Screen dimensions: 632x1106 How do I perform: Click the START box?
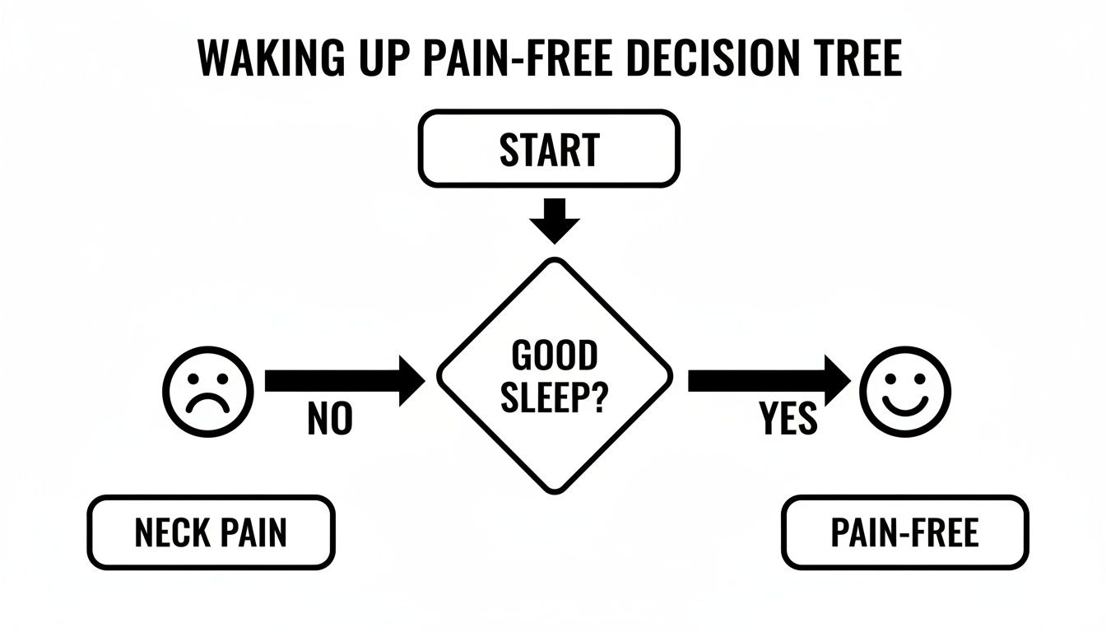point(549,150)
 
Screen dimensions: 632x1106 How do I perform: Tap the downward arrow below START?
point(554,221)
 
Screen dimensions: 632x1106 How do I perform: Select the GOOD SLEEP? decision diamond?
point(554,375)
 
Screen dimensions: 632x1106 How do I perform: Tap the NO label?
point(330,420)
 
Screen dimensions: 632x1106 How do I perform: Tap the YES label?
point(788,420)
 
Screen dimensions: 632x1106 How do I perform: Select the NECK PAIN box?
point(211,532)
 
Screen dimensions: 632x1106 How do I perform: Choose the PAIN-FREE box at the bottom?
point(904,532)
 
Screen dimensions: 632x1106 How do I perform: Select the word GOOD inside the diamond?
point(554,356)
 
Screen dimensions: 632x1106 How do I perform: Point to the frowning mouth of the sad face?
point(208,403)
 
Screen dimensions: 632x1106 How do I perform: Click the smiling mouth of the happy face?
point(905,402)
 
